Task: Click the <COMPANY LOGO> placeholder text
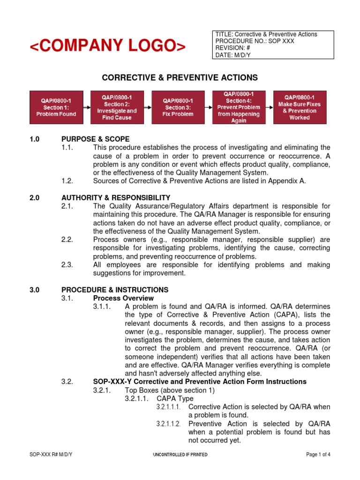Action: point(108,46)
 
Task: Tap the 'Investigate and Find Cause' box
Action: point(117,107)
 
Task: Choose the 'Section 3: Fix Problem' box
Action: point(178,107)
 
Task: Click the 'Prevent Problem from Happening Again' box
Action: point(239,107)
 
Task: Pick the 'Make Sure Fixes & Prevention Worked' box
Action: point(300,107)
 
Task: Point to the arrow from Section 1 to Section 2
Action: point(87,107)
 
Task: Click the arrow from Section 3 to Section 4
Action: point(209,107)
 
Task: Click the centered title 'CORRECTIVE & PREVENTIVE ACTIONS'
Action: point(180,77)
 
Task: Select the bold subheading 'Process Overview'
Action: point(123,298)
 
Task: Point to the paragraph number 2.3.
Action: point(67,265)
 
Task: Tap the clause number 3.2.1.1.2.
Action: point(168,424)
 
